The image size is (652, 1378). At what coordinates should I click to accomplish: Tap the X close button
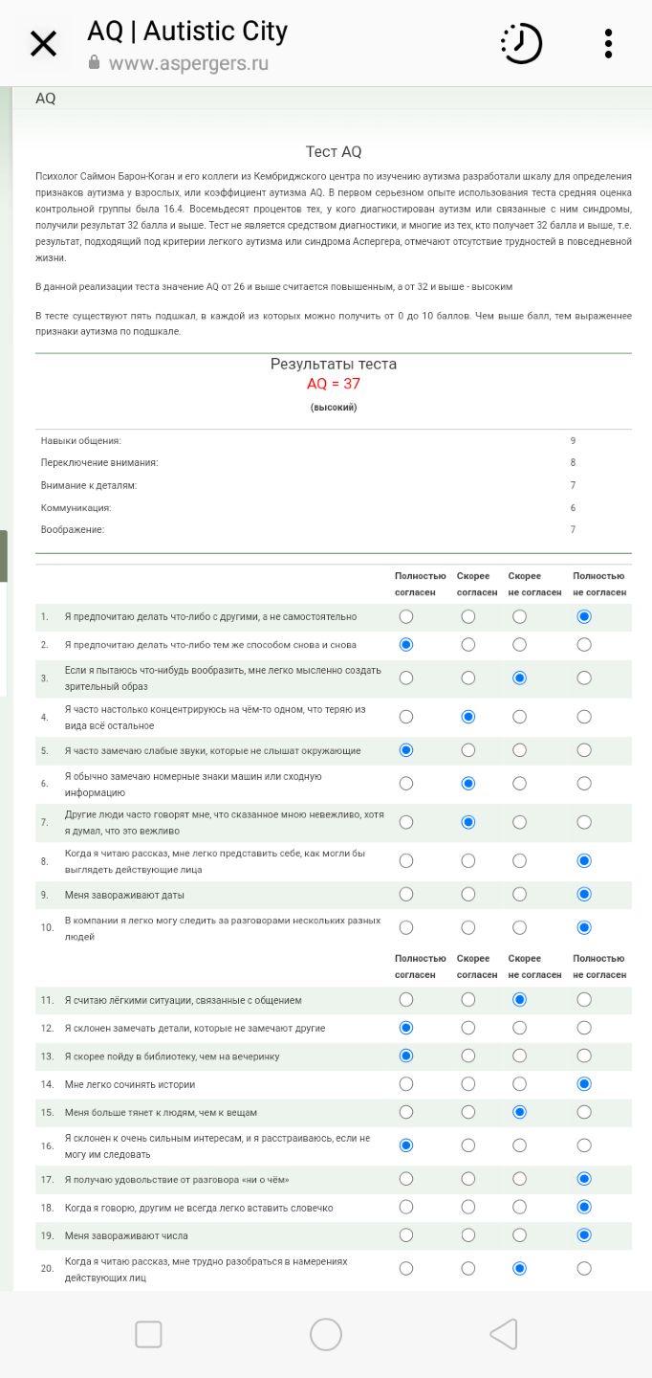click(x=43, y=44)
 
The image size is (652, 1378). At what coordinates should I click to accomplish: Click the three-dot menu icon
click(x=608, y=44)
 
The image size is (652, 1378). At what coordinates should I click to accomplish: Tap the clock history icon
click(x=521, y=44)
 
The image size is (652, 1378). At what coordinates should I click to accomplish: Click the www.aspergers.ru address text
click(x=188, y=63)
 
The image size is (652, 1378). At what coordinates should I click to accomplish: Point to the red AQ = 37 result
click(x=334, y=384)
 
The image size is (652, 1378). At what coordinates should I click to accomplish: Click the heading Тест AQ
click(x=334, y=152)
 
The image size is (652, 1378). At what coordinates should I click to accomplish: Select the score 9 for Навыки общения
click(x=573, y=441)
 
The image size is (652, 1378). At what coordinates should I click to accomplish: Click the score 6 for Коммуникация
click(x=573, y=508)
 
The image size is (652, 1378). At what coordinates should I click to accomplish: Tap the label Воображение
click(x=73, y=530)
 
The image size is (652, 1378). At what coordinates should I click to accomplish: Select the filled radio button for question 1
click(x=584, y=617)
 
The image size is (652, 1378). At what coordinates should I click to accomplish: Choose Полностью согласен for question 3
click(x=406, y=678)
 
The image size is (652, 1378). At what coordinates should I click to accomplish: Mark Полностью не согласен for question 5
click(x=584, y=750)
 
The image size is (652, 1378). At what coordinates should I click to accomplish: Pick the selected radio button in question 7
click(x=468, y=822)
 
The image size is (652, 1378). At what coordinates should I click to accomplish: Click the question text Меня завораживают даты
click(x=124, y=896)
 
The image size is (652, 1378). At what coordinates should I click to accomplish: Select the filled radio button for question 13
click(x=406, y=1056)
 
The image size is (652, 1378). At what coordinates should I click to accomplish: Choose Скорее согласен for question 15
click(x=468, y=1113)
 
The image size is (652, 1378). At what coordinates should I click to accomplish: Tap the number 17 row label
click(x=47, y=1179)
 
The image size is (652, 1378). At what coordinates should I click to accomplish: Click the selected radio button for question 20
click(x=519, y=1269)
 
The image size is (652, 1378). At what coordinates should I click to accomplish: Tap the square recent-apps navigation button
click(x=148, y=1334)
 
